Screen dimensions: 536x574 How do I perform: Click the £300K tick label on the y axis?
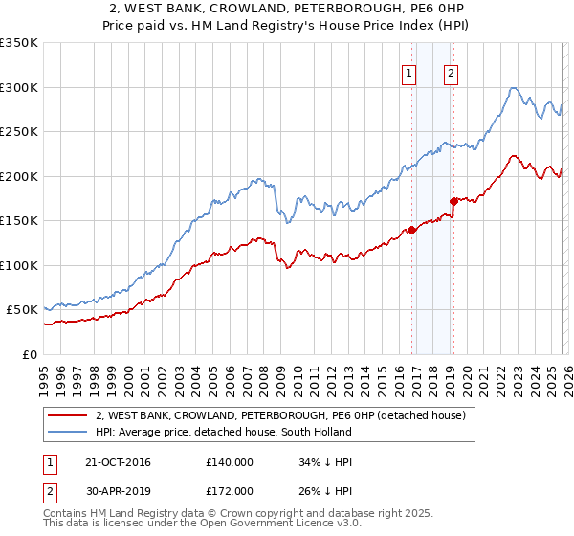[x=19, y=87]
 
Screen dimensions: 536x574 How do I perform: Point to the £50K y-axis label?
[x=22, y=310]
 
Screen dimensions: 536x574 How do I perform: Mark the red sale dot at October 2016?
[x=411, y=230]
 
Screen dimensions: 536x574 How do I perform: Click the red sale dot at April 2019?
[x=453, y=201]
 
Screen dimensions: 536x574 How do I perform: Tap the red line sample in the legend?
[x=70, y=416]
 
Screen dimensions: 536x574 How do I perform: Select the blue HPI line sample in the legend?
[x=70, y=433]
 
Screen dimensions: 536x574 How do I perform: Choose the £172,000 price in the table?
[x=230, y=491]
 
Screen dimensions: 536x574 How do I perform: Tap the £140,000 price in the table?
[x=230, y=462]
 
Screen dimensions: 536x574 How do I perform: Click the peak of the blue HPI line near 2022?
[x=514, y=88]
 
